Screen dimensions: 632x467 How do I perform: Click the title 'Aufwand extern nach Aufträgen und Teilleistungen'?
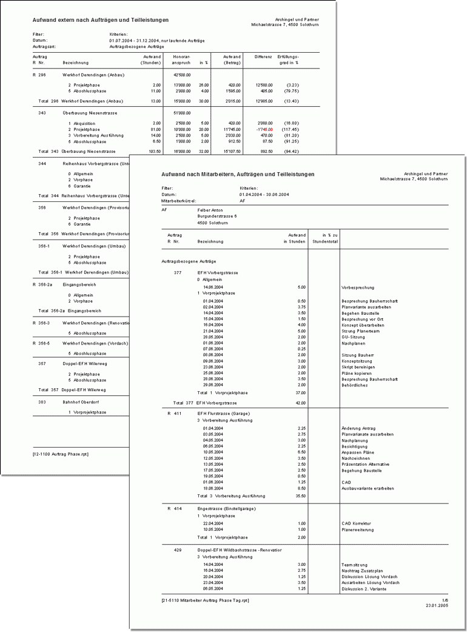coord(101,20)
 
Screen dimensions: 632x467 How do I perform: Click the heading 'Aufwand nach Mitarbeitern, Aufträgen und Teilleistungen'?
coord(238,174)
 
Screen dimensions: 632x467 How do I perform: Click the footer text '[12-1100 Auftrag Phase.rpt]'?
coord(61,454)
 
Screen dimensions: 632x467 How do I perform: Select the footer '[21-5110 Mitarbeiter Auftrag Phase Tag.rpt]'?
coord(205,600)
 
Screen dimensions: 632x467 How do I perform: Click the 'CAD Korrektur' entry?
coord(356,523)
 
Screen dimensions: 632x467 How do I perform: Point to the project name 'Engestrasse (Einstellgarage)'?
coord(227,508)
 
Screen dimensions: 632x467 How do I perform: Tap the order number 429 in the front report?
coord(177,550)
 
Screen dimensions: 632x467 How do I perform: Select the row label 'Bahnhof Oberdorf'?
coord(81,402)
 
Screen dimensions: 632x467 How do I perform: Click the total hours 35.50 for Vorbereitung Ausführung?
coord(298,496)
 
